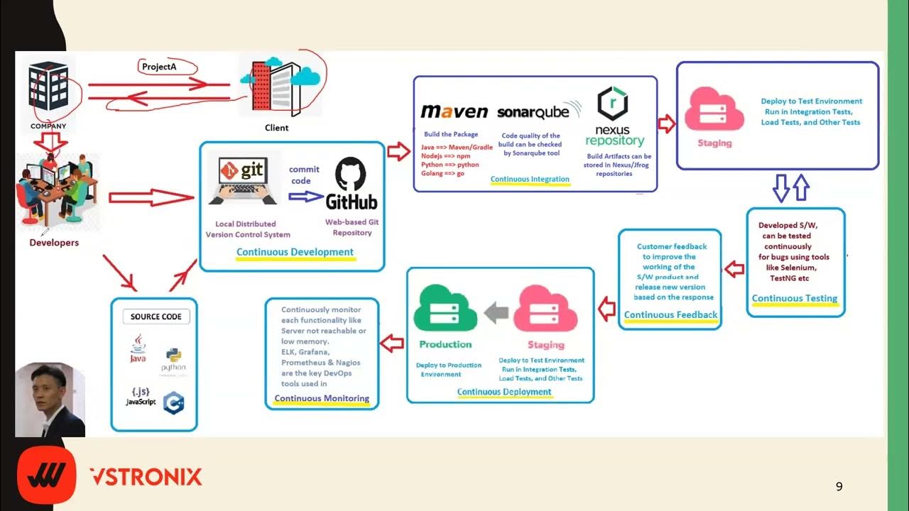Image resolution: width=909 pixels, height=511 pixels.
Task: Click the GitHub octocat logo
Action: (x=351, y=174)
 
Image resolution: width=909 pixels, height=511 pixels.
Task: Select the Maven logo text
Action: (x=454, y=111)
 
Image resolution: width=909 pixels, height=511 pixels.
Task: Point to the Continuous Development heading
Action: (x=295, y=252)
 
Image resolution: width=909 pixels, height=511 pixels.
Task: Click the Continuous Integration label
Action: (x=530, y=180)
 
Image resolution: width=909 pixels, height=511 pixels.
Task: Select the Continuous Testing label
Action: (x=794, y=299)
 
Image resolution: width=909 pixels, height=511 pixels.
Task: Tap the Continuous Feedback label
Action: (x=670, y=315)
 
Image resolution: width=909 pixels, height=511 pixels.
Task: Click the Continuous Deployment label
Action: (x=504, y=392)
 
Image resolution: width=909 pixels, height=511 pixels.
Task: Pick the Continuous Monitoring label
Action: (x=322, y=398)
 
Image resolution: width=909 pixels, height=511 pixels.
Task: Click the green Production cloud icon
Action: (x=445, y=309)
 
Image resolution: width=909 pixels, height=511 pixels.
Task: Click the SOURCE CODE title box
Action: (x=156, y=317)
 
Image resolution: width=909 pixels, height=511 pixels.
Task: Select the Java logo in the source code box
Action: (x=138, y=348)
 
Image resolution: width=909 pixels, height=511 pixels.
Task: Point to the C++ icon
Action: (x=173, y=402)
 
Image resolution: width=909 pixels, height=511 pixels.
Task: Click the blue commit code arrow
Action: (x=305, y=197)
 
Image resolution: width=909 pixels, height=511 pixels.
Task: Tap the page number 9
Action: (x=839, y=487)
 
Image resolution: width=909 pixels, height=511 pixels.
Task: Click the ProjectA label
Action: (x=159, y=67)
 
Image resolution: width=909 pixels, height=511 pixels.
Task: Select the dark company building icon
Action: (x=48, y=92)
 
